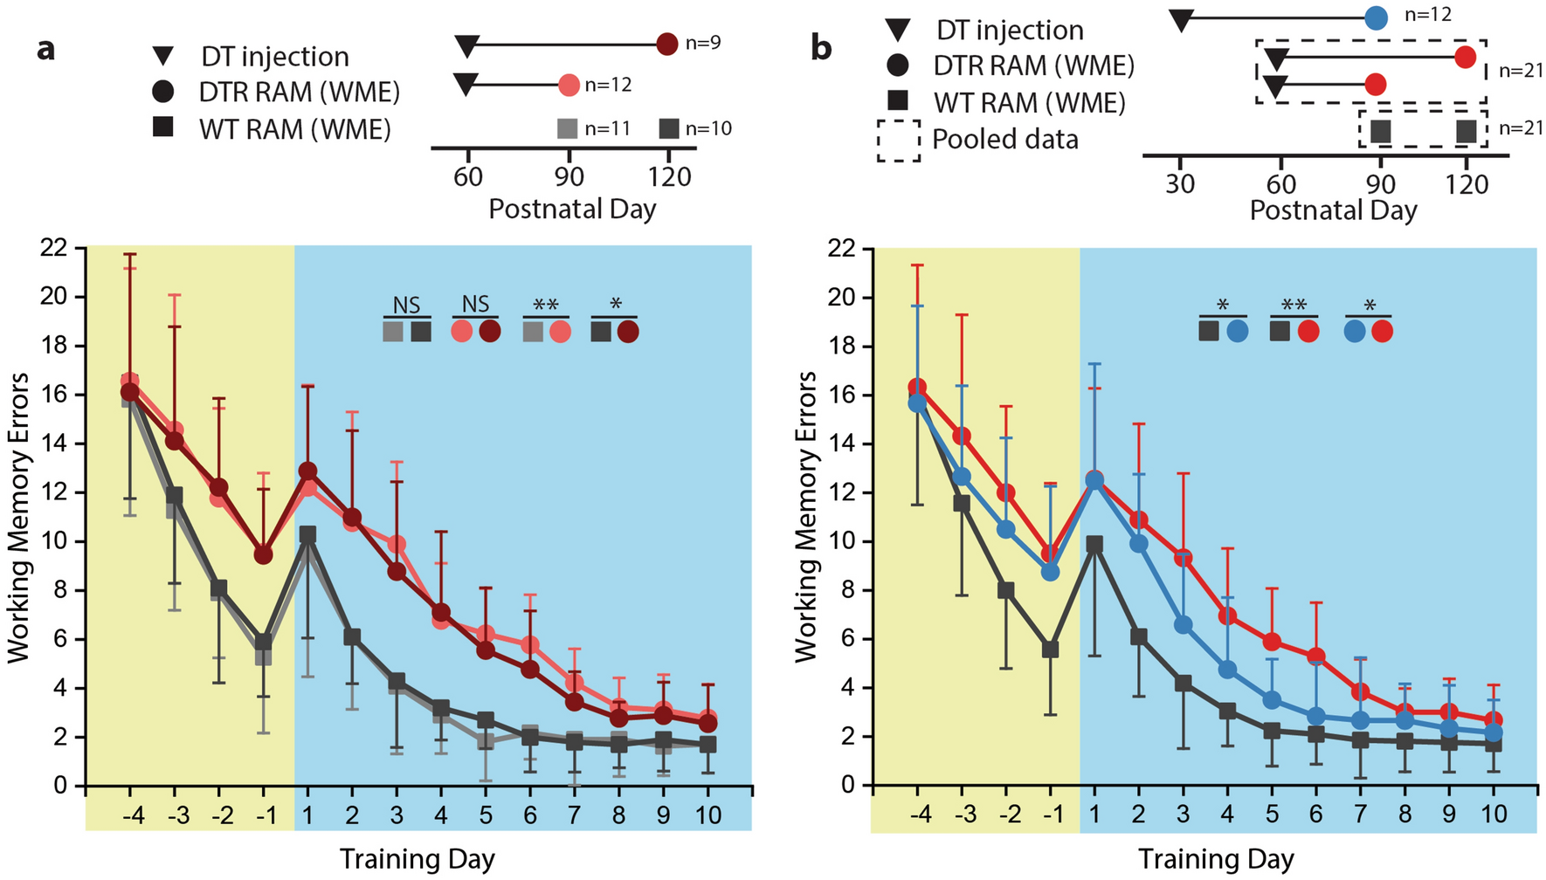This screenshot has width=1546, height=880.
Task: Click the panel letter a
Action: click(x=45, y=50)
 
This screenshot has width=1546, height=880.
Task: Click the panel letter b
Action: click(x=821, y=48)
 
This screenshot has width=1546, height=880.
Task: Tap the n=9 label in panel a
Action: click(x=702, y=43)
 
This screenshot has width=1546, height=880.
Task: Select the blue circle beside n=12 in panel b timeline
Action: click(x=1376, y=17)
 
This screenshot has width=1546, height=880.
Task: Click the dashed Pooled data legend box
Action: click(x=898, y=140)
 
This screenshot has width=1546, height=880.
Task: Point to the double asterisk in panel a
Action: click(x=546, y=306)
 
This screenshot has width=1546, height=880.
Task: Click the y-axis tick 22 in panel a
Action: click(x=54, y=248)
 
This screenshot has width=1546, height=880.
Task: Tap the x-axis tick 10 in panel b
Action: click(x=1494, y=815)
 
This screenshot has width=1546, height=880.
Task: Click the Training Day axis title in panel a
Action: click(x=417, y=859)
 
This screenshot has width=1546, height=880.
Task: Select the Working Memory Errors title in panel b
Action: click(x=805, y=516)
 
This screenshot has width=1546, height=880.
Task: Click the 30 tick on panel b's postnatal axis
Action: click(x=1180, y=184)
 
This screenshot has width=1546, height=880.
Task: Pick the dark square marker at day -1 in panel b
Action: click(x=1051, y=650)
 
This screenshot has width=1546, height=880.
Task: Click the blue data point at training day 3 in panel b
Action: click(x=1184, y=625)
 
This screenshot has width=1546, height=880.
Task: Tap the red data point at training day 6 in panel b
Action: click(x=1316, y=657)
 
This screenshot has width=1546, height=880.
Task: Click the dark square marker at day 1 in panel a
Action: click(x=307, y=534)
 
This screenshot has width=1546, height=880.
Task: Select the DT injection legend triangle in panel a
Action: click(x=163, y=57)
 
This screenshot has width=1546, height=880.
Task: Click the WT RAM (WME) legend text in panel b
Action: click(x=1029, y=103)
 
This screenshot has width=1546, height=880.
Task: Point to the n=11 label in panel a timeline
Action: click(x=607, y=129)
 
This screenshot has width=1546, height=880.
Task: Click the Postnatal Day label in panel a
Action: click(x=572, y=210)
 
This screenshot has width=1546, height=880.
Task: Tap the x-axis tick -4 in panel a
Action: click(x=133, y=815)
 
